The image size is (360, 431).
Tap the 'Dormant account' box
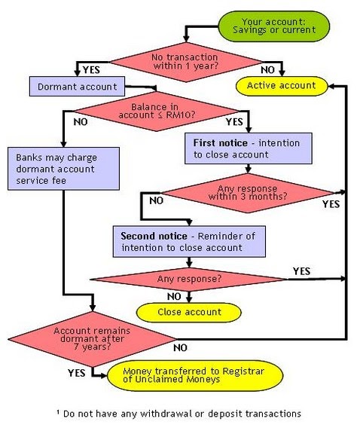click(x=75, y=86)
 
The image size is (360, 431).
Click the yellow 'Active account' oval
click(x=282, y=86)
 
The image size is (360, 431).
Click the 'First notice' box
click(x=248, y=148)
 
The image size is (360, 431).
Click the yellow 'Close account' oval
click(x=188, y=311)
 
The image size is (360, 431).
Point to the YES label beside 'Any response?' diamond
click(x=301, y=270)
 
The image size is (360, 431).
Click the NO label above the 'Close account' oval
click(x=173, y=296)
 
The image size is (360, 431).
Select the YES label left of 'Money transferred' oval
click(x=76, y=372)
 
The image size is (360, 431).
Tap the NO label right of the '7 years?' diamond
click(x=180, y=348)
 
